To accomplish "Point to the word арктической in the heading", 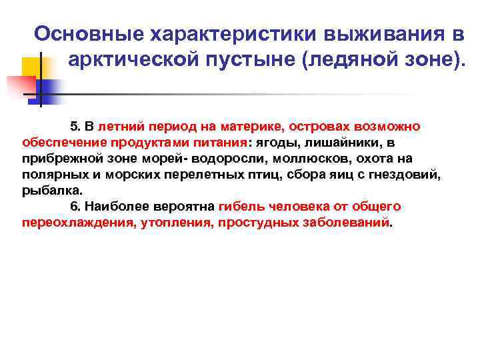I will click(133, 61).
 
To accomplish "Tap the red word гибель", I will click(239, 206).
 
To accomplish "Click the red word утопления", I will click(175, 222).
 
